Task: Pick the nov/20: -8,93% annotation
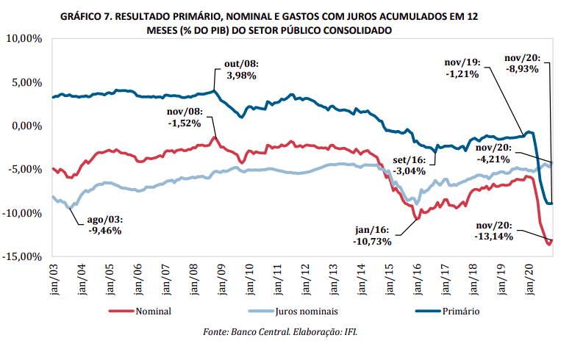click(x=523, y=64)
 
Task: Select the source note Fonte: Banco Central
click(x=251, y=333)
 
